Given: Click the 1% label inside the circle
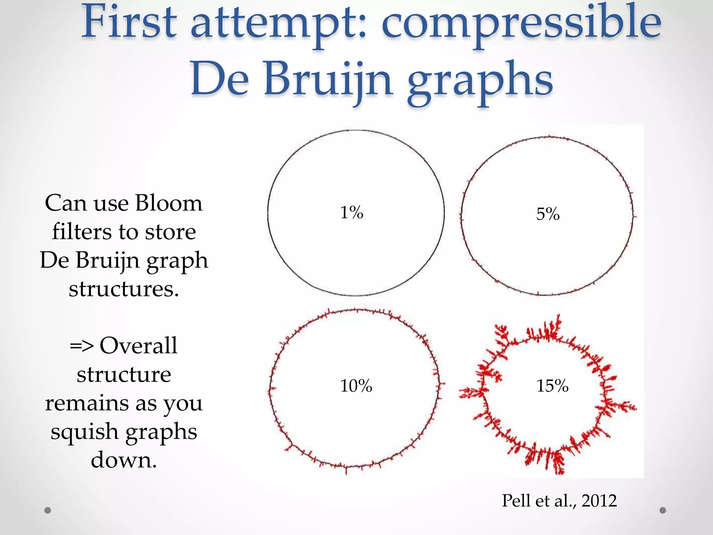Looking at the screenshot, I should [352, 212].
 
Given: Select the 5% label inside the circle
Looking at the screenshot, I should [548, 214].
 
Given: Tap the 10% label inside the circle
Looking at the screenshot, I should [356, 386].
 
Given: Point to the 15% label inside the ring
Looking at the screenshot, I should [553, 386].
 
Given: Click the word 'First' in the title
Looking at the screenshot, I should [128, 23].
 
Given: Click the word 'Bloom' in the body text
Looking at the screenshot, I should [169, 203].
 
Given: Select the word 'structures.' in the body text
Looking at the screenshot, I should [124, 289].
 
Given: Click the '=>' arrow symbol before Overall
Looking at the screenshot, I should [81, 346].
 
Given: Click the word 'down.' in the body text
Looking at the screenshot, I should [124, 460].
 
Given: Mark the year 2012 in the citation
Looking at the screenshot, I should [599, 501].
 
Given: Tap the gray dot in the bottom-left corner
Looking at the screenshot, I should [48, 510].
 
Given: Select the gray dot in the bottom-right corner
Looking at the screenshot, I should [663, 510].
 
